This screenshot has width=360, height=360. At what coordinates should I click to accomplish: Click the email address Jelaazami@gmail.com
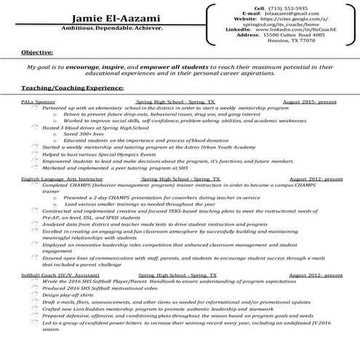[294, 14]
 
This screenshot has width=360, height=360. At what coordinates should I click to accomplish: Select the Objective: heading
[36, 53]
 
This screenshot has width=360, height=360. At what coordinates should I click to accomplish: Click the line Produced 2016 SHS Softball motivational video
[97, 289]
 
